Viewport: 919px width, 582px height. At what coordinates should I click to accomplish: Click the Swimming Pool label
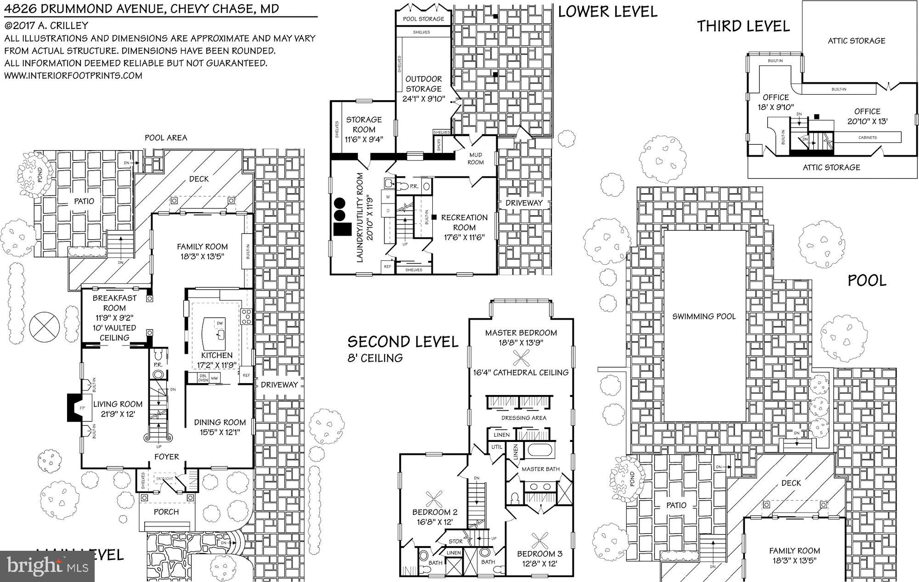(x=703, y=316)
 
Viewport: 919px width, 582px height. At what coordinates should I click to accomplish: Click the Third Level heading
(x=743, y=26)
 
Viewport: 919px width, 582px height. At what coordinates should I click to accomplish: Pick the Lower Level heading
(x=607, y=11)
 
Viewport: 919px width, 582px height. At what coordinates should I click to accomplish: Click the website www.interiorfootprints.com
(x=74, y=75)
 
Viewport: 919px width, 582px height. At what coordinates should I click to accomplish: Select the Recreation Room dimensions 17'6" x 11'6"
(x=464, y=237)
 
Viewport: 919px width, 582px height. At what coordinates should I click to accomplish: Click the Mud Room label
(x=476, y=158)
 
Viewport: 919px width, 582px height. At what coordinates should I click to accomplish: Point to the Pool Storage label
(x=423, y=19)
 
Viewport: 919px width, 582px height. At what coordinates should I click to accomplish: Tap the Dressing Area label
(x=523, y=418)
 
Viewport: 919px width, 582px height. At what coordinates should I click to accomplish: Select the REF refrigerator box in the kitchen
(x=246, y=375)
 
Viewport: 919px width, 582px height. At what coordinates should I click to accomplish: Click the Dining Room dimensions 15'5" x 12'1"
(x=220, y=432)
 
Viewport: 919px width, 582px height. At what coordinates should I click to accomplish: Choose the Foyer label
(x=166, y=457)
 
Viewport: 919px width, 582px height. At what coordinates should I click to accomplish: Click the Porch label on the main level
(x=166, y=512)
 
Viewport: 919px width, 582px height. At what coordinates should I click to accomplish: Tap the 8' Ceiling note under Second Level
(x=375, y=358)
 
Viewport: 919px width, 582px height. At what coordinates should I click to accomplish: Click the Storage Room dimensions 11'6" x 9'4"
(x=364, y=139)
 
